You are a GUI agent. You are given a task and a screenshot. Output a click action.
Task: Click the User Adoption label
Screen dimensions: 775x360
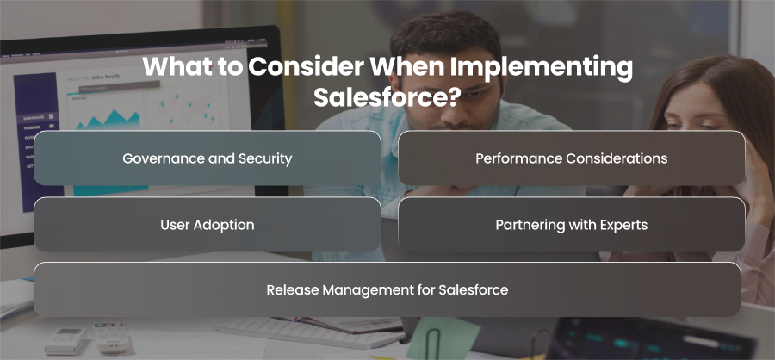tap(207, 225)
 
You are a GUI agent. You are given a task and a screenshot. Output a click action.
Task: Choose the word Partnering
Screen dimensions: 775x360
tap(527, 225)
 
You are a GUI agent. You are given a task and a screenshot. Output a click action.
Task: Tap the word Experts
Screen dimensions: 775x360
tap(623, 226)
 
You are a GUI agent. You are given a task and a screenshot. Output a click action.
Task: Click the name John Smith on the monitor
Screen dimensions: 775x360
tap(105, 77)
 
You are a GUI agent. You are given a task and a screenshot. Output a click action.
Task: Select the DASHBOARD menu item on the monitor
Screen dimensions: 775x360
tap(34, 118)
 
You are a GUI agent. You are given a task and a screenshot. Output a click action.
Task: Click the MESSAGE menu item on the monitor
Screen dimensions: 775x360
tap(32, 127)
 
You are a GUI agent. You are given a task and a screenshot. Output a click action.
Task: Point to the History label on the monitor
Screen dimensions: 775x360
tap(79, 98)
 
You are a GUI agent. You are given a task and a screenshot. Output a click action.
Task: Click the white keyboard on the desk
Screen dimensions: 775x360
tap(308, 332)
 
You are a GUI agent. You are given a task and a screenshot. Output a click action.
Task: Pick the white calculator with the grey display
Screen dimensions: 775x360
tap(65, 340)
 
